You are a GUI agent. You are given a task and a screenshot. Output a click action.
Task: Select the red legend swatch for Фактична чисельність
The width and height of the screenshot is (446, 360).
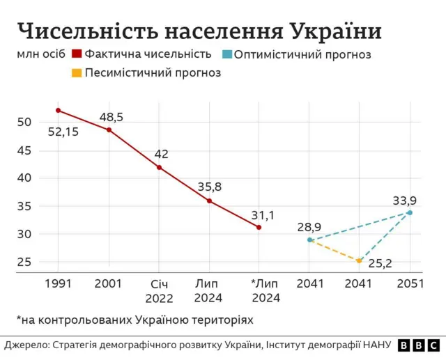[77, 54]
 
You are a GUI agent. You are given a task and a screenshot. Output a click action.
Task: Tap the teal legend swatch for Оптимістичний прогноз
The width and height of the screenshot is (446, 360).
[228, 54]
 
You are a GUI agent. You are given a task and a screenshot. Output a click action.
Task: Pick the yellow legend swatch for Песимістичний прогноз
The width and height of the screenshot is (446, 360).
[77, 72]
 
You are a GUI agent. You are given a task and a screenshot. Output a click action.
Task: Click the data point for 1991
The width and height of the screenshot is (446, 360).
[59, 110]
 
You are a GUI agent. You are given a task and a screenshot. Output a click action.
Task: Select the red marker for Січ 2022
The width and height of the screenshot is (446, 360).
[159, 167]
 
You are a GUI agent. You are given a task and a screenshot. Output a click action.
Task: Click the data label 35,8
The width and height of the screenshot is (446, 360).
[209, 187]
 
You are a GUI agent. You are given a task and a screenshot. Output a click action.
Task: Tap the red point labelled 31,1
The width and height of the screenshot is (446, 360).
[259, 227]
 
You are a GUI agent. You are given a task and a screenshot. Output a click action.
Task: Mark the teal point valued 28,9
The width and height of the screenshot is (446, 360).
[309, 240]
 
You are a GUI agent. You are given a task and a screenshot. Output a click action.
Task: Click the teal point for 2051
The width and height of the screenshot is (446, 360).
[410, 212]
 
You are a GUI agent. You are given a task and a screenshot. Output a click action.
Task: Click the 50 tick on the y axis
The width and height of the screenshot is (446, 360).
[25, 122]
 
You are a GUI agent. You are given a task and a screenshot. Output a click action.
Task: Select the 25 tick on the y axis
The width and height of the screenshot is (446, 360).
[25, 262]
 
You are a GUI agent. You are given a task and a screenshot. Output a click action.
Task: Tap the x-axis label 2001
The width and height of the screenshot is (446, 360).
[109, 283]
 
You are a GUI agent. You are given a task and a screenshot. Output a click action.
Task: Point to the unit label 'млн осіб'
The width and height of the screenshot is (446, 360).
[40, 54]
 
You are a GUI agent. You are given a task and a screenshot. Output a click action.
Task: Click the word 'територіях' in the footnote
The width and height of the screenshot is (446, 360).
[223, 320]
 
